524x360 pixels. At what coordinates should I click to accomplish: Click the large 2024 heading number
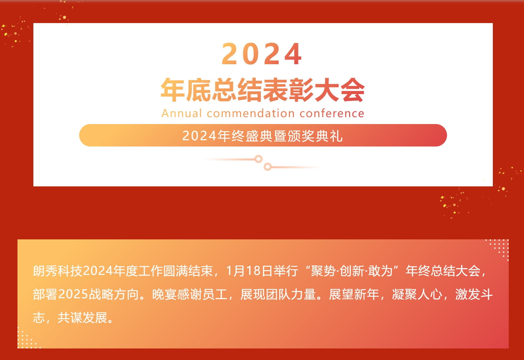(262, 54)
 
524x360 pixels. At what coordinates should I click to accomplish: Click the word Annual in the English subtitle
(182, 113)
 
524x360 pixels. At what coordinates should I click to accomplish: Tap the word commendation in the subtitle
(251, 113)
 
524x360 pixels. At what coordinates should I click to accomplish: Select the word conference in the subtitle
(332, 113)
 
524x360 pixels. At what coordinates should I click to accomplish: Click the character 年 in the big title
(173, 90)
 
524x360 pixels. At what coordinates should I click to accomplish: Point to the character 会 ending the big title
(352, 90)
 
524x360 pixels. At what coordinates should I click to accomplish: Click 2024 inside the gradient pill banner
(199, 136)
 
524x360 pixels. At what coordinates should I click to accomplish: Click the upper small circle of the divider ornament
(258, 159)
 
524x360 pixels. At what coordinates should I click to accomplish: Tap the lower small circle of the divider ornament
(267, 167)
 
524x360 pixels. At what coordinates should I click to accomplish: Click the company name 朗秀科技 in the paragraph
(58, 271)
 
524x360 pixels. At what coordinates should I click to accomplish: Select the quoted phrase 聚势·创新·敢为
(352, 271)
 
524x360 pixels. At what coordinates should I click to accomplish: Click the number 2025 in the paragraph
(73, 294)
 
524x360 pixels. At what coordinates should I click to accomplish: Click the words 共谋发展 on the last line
(83, 318)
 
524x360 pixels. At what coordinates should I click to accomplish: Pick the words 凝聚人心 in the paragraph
(417, 294)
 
